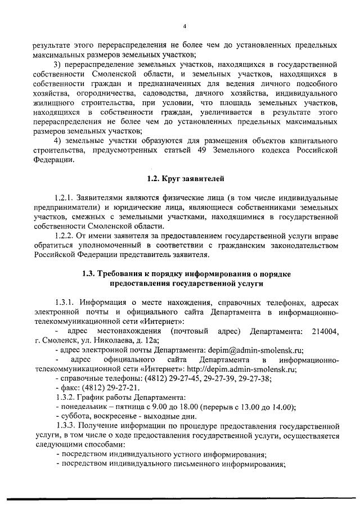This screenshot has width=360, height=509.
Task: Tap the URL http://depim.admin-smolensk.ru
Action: pos(247,370)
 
